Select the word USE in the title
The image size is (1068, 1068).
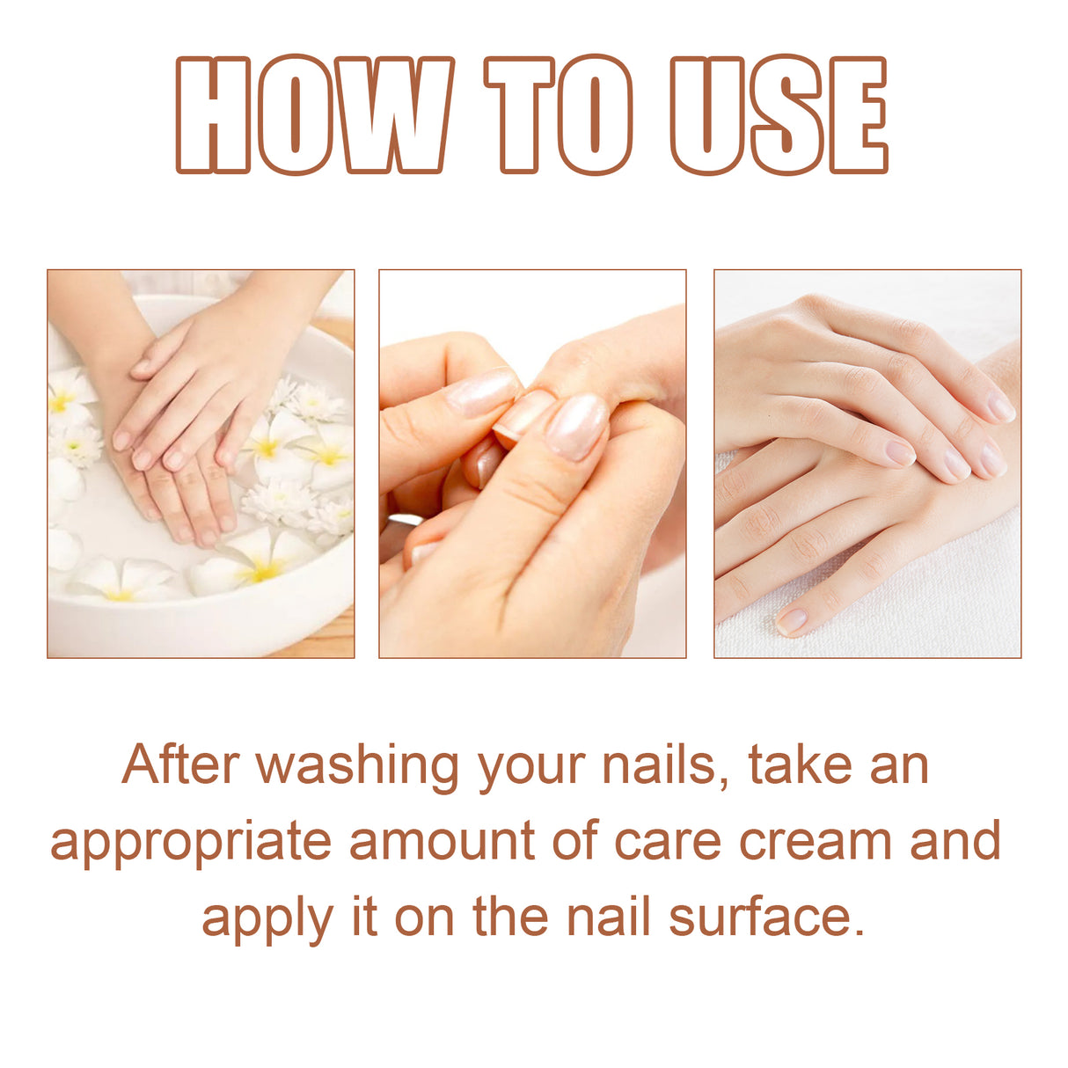pyautogui.click(x=778, y=115)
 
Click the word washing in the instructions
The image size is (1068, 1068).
pyautogui.click(x=357, y=765)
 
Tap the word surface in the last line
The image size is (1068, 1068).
pyautogui.click(x=760, y=917)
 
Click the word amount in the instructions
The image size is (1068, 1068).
pyautogui.click(x=442, y=841)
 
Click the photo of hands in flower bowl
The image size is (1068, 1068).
pyautogui.click(x=201, y=464)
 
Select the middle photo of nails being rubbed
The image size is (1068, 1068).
pyautogui.click(x=532, y=464)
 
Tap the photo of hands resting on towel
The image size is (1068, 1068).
pyautogui.click(x=867, y=464)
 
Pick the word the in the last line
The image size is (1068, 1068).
pyautogui.click(x=510, y=917)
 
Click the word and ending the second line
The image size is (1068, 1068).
pyautogui.click(x=955, y=841)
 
